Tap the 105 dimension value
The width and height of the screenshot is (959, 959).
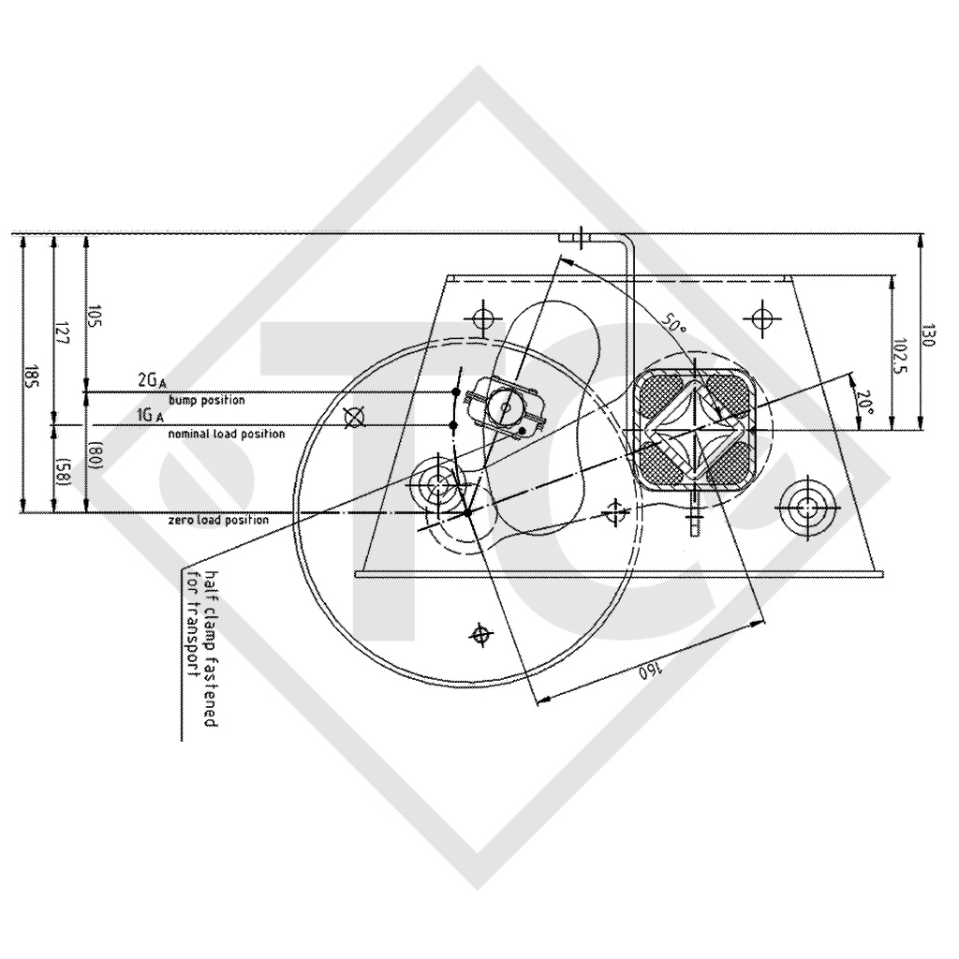pyautogui.click(x=95, y=315)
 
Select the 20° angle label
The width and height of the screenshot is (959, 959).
pyautogui.click(x=865, y=403)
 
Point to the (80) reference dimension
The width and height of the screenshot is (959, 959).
pyautogui.click(x=95, y=456)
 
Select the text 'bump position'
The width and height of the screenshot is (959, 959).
pyautogui.click(x=206, y=400)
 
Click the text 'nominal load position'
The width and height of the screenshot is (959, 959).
pyautogui.click(x=226, y=435)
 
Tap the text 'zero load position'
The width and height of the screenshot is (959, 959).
pyautogui.click(x=218, y=520)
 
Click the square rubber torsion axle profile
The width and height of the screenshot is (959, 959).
pyautogui.click(x=693, y=427)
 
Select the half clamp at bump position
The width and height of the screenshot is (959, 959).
pyautogui.click(x=507, y=406)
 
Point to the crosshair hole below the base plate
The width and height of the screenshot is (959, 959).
pyautogui.click(x=481, y=635)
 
